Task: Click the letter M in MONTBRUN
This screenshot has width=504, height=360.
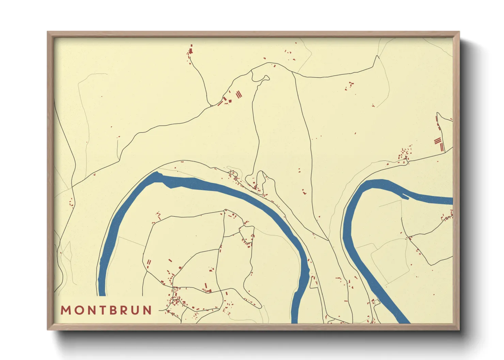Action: [x=66, y=310]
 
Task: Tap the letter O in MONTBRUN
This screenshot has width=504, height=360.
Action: [x=79, y=310]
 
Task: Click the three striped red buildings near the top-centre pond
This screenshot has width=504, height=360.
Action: [x=239, y=94]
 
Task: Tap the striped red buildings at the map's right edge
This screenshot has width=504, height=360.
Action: [x=439, y=143]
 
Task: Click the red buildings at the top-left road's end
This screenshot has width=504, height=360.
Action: [x=190, y=50]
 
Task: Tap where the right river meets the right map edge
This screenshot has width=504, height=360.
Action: [x=452, y=201]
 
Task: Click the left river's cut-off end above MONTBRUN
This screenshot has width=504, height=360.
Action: [x=102, y=295]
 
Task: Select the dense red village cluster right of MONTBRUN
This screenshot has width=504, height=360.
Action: [x=175, y=299]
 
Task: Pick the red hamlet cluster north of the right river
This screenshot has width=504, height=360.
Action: [x=405, y=156]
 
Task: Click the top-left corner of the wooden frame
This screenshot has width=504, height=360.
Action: [x=48, y=32]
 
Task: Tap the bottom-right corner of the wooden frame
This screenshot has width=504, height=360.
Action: [x=458, y=329]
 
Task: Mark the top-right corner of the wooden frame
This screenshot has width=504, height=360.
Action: [x=458, y=32]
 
